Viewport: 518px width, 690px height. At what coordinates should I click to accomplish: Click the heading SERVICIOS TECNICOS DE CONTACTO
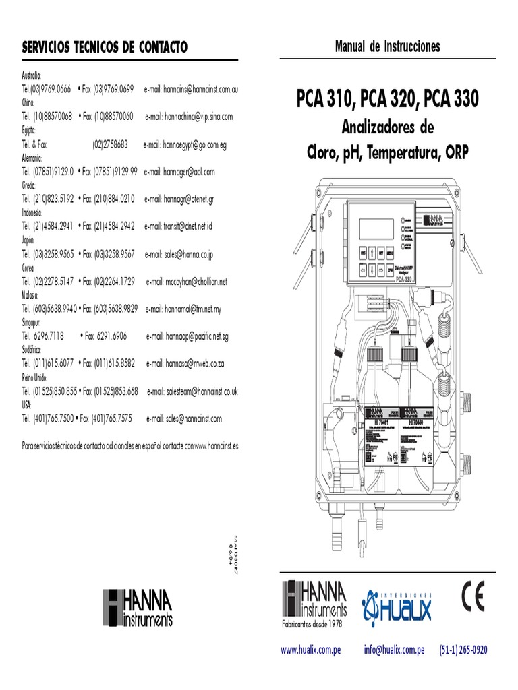coord(105,47)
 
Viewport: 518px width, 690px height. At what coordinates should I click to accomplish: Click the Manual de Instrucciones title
coord(387,46)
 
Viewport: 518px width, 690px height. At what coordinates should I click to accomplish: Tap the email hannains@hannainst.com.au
coord(201,89)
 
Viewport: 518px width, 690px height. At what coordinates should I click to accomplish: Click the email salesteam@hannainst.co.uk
coord(192,391)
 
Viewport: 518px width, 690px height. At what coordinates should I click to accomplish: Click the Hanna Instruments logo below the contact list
coord(138,606)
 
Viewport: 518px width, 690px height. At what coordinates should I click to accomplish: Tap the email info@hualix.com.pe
coord(394,650)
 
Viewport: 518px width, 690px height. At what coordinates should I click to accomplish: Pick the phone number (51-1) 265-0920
coord(463,650)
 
